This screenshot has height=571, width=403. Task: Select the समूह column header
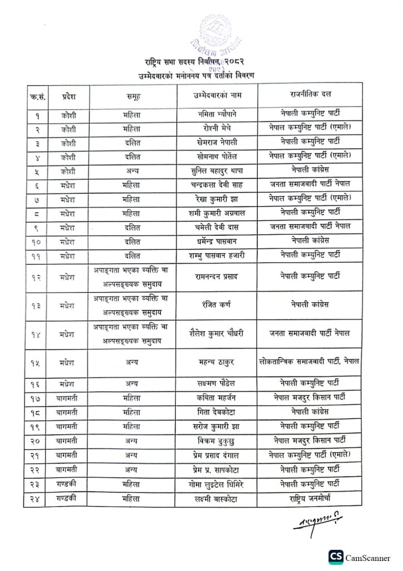click(132, 96)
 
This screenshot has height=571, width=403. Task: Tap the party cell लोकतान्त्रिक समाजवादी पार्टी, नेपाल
click(309, 361)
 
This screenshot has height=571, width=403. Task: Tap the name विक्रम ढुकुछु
click(215, 441)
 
